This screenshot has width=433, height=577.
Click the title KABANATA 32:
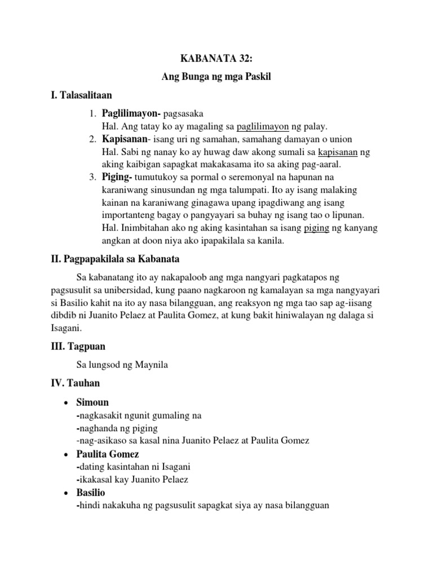click(216, 58)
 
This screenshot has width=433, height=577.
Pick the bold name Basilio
click(91, 492)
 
